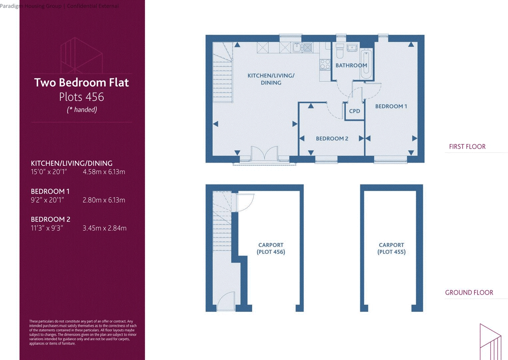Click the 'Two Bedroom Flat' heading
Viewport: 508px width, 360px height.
[x=81, y=83]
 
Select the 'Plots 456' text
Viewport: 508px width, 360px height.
[x=81, y=97]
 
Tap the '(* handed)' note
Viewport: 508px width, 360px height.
[x=82, y=110]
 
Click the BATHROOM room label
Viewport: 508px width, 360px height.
[x=351, y=65]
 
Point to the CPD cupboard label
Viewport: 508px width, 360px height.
[x=354, y=111]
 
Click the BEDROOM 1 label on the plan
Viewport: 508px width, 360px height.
[x=391, y=106]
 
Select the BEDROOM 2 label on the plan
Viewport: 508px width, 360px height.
[x=332, y=139]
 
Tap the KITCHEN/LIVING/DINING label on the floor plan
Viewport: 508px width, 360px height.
[x=271, y=79]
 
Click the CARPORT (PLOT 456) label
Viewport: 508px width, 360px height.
[x=271, y=248]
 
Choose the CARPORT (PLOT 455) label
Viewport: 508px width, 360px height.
[x=391, y=248]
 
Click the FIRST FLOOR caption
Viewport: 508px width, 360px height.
[x=467, y=147]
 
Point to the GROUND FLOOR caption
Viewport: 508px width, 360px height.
[x=469, y=293]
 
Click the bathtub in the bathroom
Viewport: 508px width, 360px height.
[x=366, y=64]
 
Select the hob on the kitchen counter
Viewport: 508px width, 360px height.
[x=325, y=64]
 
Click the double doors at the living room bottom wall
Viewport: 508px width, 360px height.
[x=264, y=154]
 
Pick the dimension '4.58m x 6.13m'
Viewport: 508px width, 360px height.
[x=104, y=172]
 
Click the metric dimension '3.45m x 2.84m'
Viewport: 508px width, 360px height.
[x=105, y=228]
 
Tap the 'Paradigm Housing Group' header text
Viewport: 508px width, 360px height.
[x=31, y=6]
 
